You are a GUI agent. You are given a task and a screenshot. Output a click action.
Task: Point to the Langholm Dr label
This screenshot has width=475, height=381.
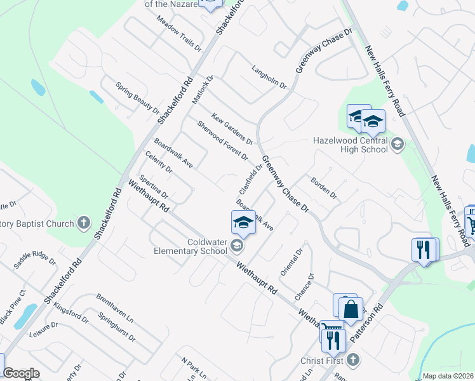tap(269, 76)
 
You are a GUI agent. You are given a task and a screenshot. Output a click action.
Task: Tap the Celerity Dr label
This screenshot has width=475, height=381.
tap(159, 162)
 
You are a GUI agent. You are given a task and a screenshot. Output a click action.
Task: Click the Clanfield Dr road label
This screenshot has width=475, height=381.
tap(250, 180)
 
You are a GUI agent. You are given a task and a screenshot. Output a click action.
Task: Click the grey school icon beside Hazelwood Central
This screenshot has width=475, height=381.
tap(397, 144)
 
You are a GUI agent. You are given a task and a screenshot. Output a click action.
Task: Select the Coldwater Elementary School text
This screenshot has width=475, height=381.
tap(190, 246)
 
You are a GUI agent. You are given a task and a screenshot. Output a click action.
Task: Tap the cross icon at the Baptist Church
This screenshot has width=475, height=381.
tap(84, 223)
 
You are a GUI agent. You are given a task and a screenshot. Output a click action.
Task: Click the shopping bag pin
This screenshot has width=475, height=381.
tap(351, 311)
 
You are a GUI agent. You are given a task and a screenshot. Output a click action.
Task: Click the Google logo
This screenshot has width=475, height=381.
tap(21, 373)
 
